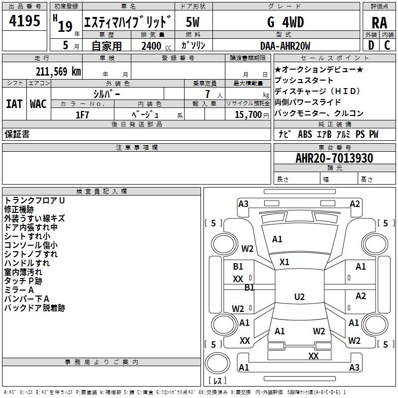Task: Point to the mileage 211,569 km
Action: (x=58, y=71)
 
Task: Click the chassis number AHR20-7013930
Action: (x=334, y=158)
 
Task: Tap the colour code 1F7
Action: (x=82, y=114)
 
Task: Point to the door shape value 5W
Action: (x=193, y=22)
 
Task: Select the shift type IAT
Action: (x=14, y=104)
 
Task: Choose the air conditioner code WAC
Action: (x=38, y=104)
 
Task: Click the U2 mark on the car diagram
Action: (x=299, y=297)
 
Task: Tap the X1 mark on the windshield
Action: (x=285, y=262)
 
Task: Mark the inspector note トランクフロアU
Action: (x=35, y=200)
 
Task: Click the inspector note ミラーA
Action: (x=19, y=290)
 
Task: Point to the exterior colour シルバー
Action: (x=106, y=94)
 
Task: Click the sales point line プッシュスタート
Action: (x=304, y=81)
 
